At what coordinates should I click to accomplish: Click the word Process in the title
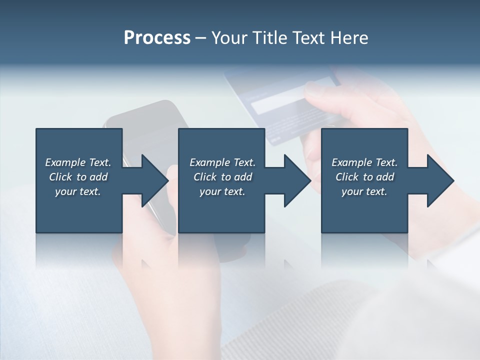coord(157,38)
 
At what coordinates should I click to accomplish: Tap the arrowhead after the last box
coord(439,180)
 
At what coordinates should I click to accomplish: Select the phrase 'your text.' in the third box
coord(364,191)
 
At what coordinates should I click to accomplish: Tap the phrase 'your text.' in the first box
coord(78,191)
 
